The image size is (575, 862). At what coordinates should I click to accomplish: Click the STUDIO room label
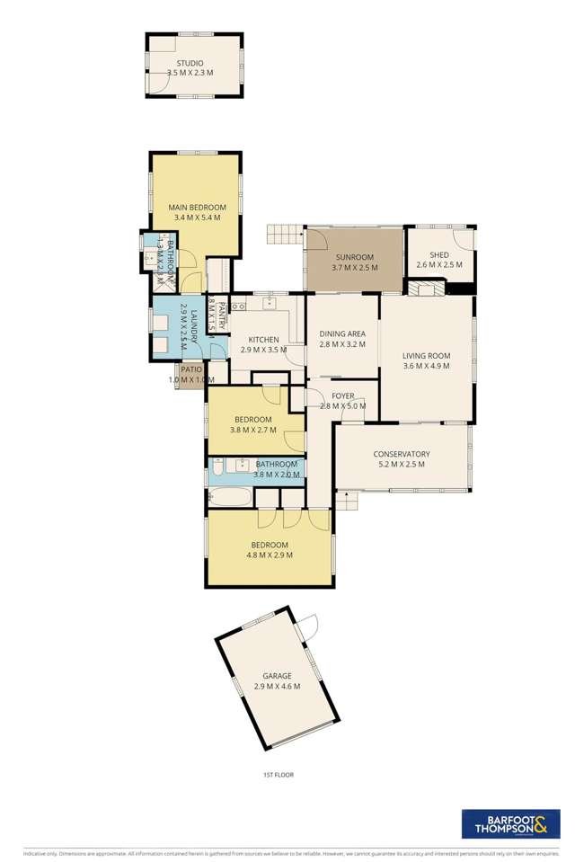(190, 62)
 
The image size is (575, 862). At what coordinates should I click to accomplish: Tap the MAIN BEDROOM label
(196, 207)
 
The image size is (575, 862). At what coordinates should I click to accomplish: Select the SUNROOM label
(354, 256)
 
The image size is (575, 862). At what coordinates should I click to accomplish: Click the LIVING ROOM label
(426, 356)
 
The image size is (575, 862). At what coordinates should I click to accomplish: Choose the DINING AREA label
(343, 334)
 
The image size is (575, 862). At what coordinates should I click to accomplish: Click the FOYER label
(343, 395)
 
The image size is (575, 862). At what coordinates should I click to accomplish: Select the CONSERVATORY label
(402, 454)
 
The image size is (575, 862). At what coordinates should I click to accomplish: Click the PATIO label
(190, 369)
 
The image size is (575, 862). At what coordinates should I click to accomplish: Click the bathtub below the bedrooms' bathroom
(229, 498)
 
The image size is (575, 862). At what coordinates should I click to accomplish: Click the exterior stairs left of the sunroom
(284, 235)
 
